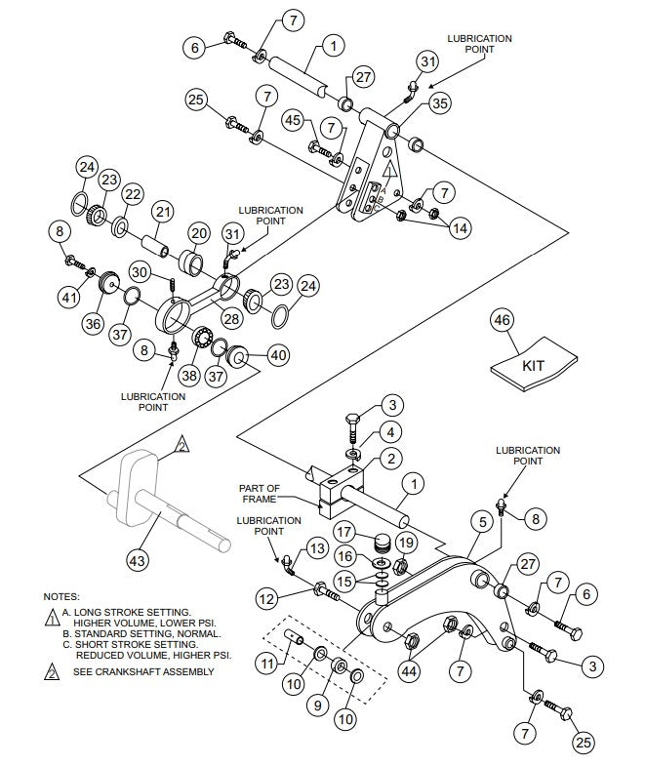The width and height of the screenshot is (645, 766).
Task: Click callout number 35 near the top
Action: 440,102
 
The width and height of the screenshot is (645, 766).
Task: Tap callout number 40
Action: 277,356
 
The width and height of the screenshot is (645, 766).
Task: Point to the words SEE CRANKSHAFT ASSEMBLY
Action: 143,671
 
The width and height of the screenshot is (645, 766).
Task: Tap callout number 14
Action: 459,227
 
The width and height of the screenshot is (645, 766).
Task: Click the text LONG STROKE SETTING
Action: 124,611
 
